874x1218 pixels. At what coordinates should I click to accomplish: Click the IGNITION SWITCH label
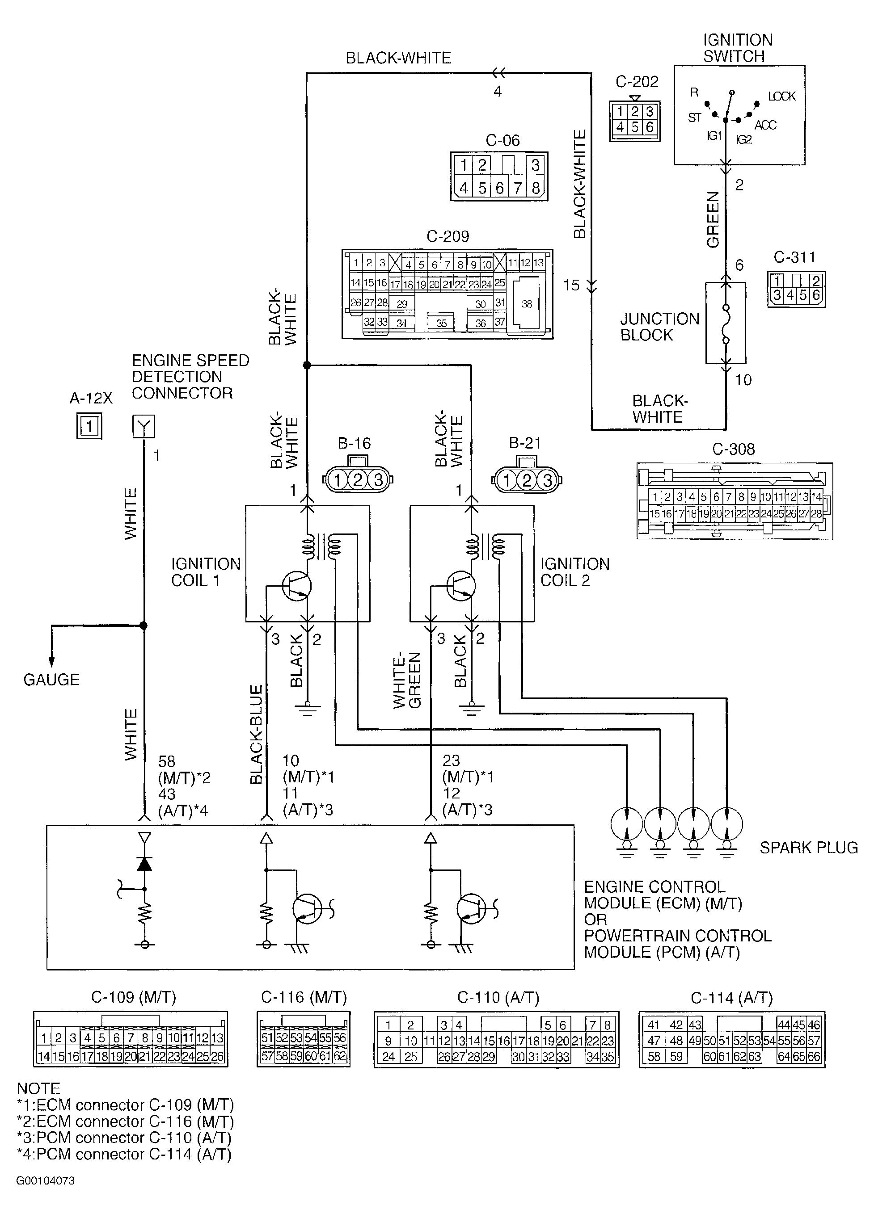tap(738, 48)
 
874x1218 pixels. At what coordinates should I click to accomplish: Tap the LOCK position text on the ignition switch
tap(781, 96)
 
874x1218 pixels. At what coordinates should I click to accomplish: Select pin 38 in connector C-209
tap(527, 303)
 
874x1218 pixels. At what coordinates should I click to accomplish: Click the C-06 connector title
tap(503, 140)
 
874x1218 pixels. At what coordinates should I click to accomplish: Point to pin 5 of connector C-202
tap(634, 127)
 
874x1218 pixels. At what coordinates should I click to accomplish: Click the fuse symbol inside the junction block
tap(726, 323)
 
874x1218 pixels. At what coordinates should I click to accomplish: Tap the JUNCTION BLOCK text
tap(660, 327)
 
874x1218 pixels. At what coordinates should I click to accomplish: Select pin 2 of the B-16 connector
tap(358, 479)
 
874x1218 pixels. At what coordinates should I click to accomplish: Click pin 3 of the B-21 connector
tap(547, 479)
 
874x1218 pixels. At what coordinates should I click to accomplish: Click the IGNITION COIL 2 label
tap(575, 572)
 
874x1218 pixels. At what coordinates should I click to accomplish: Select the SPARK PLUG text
tap(808, 848)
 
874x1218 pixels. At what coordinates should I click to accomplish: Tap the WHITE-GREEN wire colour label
tap(407, 680)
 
